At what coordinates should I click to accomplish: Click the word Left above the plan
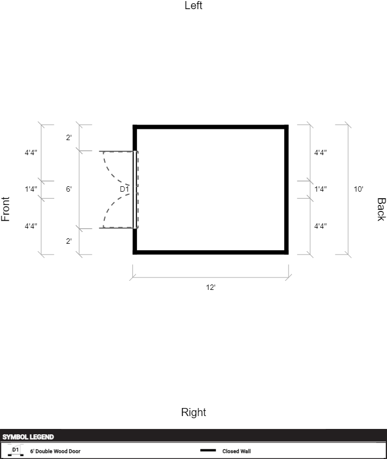pyautogui.click(x=193, y=5)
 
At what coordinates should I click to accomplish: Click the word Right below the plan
pyautogui.click(x=193, y=412)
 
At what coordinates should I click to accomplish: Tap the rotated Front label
pyautogui.click(x=5, y=209)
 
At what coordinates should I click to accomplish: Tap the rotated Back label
pyautogui.click(x=381, y=209)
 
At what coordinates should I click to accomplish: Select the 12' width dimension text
pyautogui.click(x=211, y=287)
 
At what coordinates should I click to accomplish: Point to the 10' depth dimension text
pyautogui.click(x=359, y=189)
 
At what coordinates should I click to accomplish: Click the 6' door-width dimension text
pyautogui.click(x=69, y=189)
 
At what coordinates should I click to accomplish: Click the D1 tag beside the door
pyautogui.click(x=124, y=189)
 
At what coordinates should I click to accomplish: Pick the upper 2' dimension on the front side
pyautogui.click(x=69, y=137)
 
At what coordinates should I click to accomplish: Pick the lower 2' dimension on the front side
pyautogui.click(x=69, y=241)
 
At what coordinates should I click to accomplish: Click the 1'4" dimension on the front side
pyautogui.click(x=31, y=189)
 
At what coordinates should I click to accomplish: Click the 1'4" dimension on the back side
pyautogui.click(x=320, y=189)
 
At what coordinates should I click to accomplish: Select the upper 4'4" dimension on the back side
pyautogui.click(x=320, y=152)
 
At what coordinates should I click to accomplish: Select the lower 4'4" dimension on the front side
pyautogui.click(x=31, y=226)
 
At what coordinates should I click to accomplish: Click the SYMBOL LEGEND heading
pyautogui.click(x=28, y=437)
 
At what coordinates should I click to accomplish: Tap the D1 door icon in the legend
pyautogui.click(x=16, y=451)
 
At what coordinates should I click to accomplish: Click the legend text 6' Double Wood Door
pyautogui.click(x=55, y=451)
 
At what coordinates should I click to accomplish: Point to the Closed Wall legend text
pyautogui.click(x=236, y=451)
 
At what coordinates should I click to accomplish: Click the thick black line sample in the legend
pyautogui.click(x=208, y=450)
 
